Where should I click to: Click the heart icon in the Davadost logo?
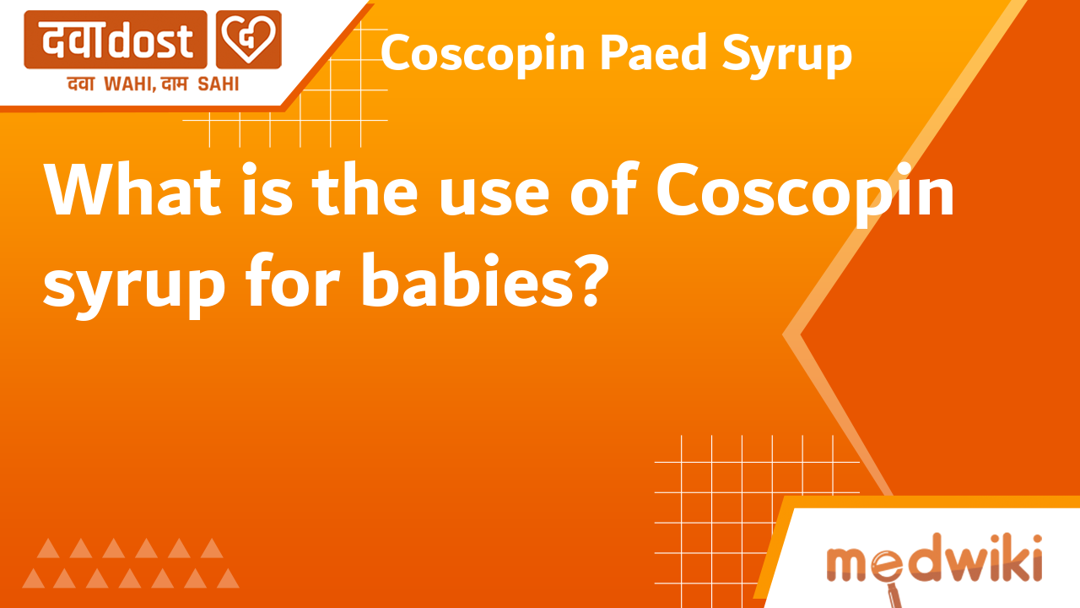pyautogui.click(x=248, y=40)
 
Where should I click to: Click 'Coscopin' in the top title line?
pyautogui.click(x=483, y=56)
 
